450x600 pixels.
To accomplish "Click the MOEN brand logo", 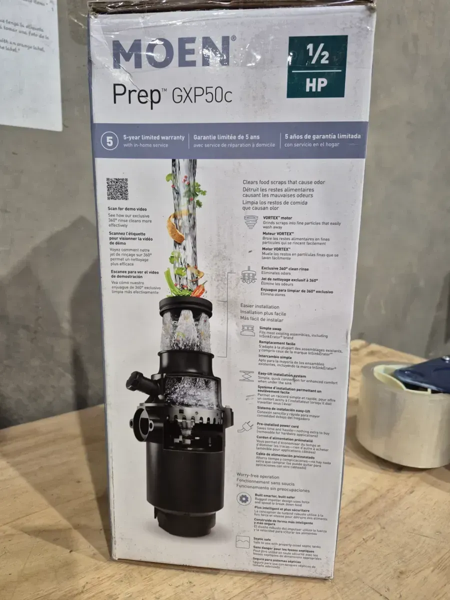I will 171,52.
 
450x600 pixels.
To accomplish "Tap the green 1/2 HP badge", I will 316,66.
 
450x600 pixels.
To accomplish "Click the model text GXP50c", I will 202,95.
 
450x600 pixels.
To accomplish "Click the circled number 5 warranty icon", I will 109,141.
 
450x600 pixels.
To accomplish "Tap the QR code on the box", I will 117,188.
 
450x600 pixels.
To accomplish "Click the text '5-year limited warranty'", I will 154,137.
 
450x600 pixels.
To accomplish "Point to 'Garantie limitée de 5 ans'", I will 234,137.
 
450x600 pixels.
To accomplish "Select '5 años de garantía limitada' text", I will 322,136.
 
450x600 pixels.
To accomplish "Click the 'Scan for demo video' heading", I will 127,208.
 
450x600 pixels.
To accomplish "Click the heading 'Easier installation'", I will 259,306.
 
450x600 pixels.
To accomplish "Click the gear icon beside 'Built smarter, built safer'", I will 243,498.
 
